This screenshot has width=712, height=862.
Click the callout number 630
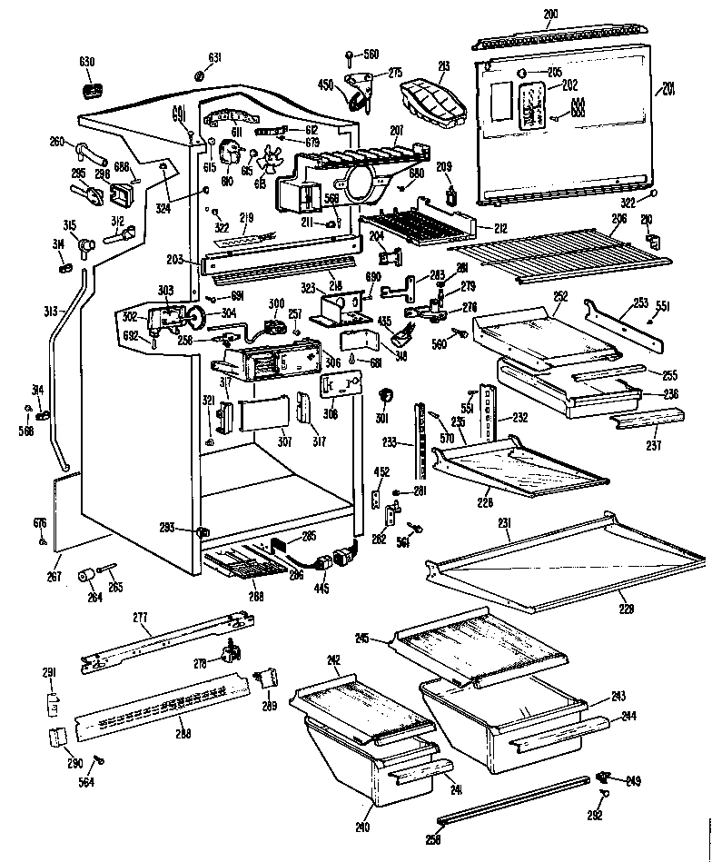[x=87, y=62]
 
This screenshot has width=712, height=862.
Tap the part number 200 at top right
[x=551, y=14]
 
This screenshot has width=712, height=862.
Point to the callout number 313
[x=50, y=312]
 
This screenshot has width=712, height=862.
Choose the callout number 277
[x=140, y=619]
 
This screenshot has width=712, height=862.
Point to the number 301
[x=381, y=419]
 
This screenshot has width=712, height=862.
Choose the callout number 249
[x=633, y=779]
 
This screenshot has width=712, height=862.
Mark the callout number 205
[x=555, y=74]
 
